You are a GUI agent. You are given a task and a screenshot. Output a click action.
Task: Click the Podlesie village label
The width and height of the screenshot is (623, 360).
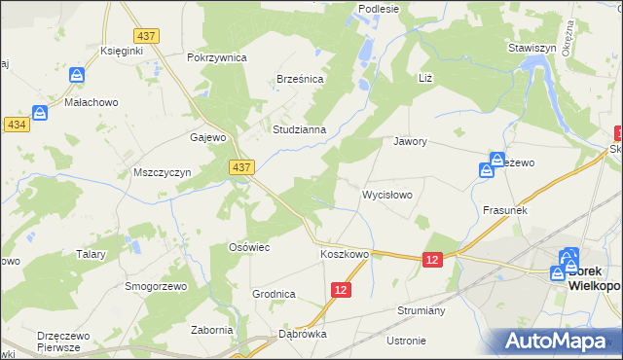(380, 9)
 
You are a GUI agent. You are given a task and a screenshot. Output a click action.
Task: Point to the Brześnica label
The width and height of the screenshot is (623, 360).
(299, 80)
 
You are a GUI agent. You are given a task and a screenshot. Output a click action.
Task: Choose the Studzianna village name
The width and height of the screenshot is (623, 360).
(305, 128)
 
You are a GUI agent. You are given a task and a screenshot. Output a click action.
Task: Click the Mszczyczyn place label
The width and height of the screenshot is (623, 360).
(161, 172)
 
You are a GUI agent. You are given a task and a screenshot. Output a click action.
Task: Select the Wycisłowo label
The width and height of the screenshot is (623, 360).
(387, 195)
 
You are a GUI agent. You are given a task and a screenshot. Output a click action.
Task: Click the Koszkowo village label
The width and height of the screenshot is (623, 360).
(345, 255)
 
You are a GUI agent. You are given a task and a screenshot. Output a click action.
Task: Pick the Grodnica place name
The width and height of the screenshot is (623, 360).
(274, 294)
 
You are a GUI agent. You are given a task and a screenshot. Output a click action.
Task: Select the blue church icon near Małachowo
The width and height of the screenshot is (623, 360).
(40, 113)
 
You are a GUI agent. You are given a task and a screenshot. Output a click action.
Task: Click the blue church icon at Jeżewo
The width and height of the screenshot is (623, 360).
(486, 170)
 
